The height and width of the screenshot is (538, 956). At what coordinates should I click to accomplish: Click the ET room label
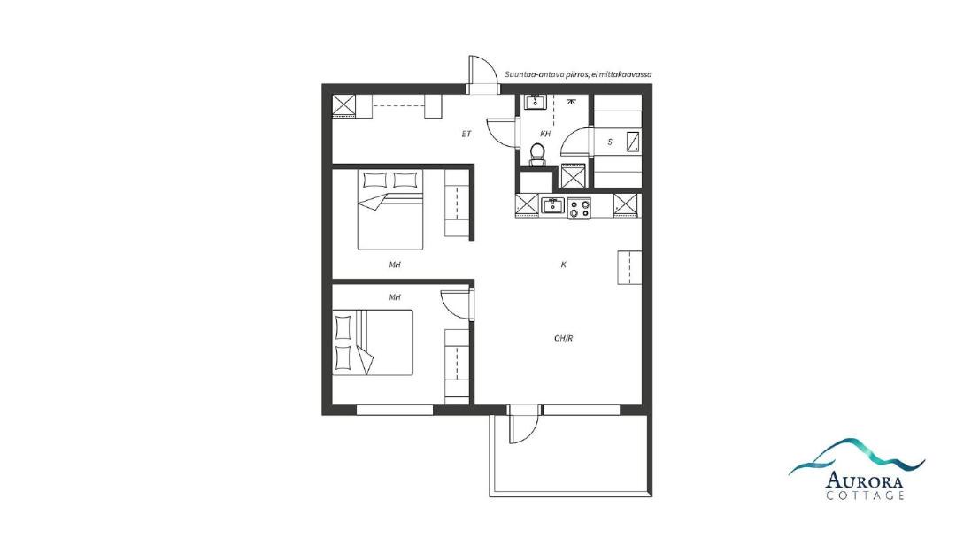pos(466,134)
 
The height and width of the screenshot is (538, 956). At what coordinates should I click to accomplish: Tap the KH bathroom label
pos(545,134)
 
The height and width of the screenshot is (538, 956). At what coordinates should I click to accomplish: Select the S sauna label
pos(610,142)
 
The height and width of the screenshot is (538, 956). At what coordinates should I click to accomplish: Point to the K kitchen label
pos(563,265)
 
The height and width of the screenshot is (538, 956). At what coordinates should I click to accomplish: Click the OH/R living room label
pos(563,338)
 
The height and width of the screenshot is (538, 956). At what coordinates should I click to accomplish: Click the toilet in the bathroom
pos(537,154)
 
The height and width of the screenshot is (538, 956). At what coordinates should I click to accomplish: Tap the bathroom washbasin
pos(536,101)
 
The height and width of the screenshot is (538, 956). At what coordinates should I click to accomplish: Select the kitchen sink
pos(553,205)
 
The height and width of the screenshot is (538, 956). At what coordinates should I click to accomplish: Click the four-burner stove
pos(579,208)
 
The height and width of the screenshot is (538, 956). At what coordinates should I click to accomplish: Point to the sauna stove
pos(634,142)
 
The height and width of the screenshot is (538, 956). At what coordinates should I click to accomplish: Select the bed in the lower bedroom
pos(373,342)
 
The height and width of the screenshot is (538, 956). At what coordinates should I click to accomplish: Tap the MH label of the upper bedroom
pos(395,265)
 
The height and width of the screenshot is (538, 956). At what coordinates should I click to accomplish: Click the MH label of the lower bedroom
pos(395,297)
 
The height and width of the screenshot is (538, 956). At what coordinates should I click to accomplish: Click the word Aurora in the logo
pos(865,480)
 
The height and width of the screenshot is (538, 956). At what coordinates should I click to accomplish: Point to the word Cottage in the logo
pos(865,496)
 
